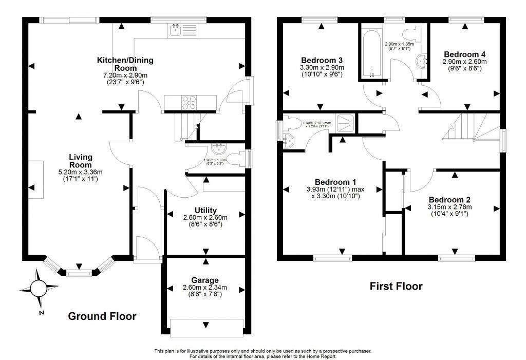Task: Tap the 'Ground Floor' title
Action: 102,316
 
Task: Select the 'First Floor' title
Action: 396,287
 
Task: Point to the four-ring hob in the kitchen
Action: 189,102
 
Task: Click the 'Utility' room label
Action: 205,210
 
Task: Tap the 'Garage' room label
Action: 205,280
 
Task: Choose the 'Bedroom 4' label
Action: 464,54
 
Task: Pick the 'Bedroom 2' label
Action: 450,200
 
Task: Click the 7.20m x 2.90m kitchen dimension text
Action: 125,75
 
